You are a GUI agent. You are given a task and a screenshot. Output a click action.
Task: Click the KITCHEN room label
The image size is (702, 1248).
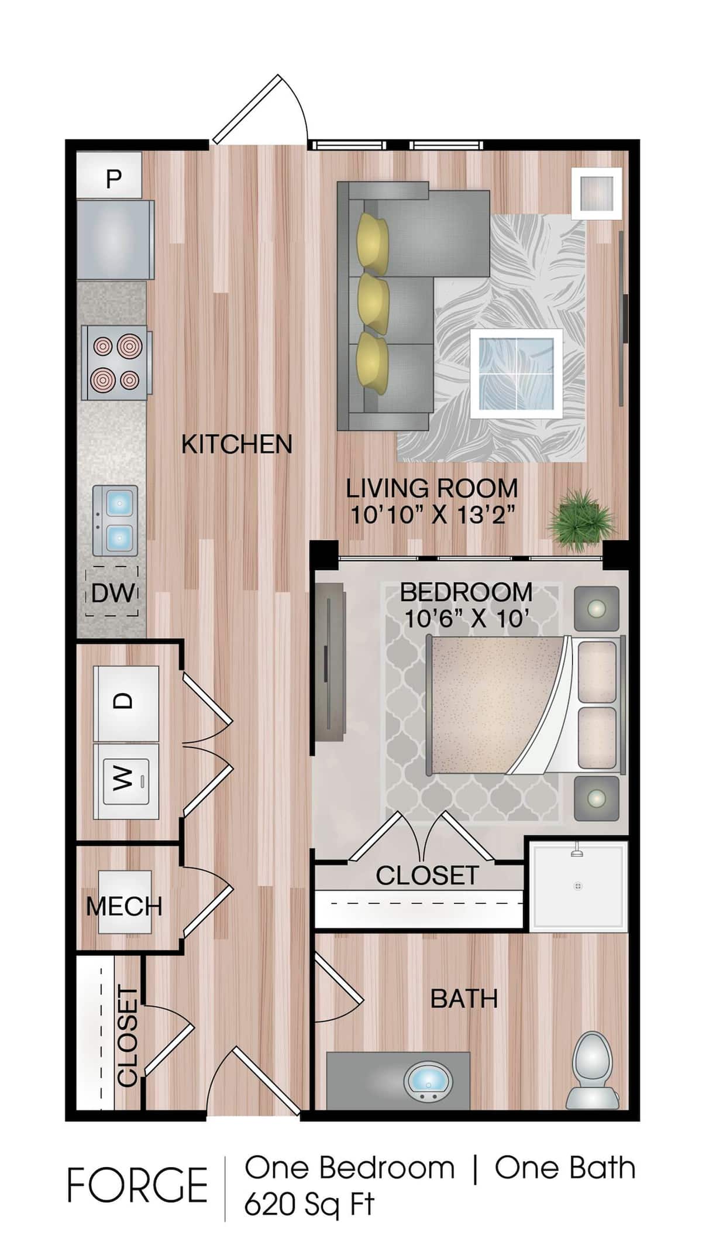[x=236, y=444]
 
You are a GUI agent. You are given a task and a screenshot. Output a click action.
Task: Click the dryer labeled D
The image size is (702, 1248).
[x=127, y=701]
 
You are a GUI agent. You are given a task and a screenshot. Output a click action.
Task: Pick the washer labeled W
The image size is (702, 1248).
[x=126, y=780]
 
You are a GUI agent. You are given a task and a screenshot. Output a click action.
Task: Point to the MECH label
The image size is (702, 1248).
[x=124, y=906]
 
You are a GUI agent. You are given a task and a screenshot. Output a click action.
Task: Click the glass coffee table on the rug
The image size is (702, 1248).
[x=517, y=373]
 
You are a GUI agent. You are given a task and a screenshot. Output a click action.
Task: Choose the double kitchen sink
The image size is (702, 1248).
[x=115, y=520]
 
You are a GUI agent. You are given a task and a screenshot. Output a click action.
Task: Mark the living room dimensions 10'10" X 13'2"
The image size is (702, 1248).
[x=432, y=515]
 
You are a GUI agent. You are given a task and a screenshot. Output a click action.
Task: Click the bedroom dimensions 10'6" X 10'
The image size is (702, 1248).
[x=467, y=618]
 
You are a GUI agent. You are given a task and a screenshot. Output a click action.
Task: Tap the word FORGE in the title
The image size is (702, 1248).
[x=137, y=1185]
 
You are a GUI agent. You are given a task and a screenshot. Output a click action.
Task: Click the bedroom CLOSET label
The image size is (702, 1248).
[x=427, y=876]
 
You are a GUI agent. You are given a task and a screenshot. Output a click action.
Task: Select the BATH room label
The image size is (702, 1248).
[x=464, y=998]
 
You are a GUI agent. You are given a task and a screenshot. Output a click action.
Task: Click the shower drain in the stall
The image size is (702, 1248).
[x=578, y=886]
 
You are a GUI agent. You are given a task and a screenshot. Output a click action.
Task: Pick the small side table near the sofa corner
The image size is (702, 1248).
[x=597, y=193]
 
